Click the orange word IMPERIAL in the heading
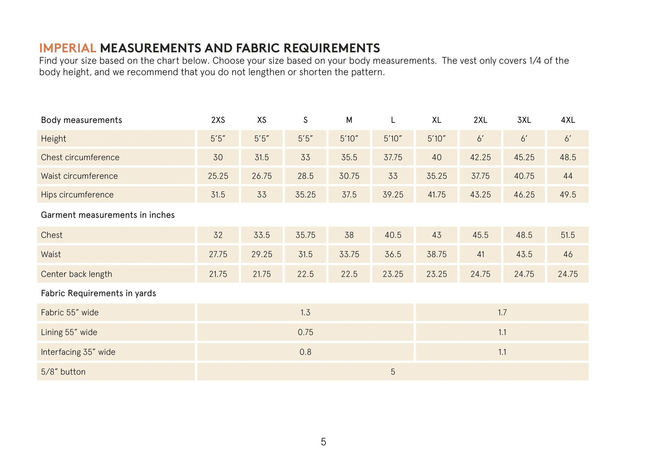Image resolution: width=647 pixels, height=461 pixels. coord(68,48)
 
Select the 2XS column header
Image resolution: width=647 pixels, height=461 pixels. coord(218,120)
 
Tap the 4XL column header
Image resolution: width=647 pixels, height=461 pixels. coord(568,120)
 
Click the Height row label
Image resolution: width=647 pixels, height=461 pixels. coord(53,139)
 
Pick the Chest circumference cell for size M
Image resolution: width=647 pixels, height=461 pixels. coord(349,158)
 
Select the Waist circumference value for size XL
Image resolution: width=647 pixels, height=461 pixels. coord(437,176)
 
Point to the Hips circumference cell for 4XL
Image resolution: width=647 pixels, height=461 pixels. coord(568,195)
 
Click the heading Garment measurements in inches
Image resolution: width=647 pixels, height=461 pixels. coord(107,215)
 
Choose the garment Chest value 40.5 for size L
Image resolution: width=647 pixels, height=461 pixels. coord(393,235)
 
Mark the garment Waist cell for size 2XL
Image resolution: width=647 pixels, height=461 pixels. coord(480,254)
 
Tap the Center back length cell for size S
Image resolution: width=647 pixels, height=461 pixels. coord(305,274)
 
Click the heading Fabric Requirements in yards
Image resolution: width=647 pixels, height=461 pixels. coord(99,293)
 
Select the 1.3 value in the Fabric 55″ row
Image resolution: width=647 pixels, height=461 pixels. coord(305,312)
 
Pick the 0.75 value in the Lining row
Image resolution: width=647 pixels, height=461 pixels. coord(305,332)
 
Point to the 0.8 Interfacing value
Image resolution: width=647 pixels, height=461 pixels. coord(305,352)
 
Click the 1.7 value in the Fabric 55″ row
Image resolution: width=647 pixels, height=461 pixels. coord(502,312)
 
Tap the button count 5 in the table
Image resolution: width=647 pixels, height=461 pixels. coord(393,372)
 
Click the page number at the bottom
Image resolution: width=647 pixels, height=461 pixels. coord(323,442)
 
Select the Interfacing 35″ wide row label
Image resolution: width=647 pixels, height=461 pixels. coord(78,352)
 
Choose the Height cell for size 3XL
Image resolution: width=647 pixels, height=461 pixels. coord(524,139)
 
